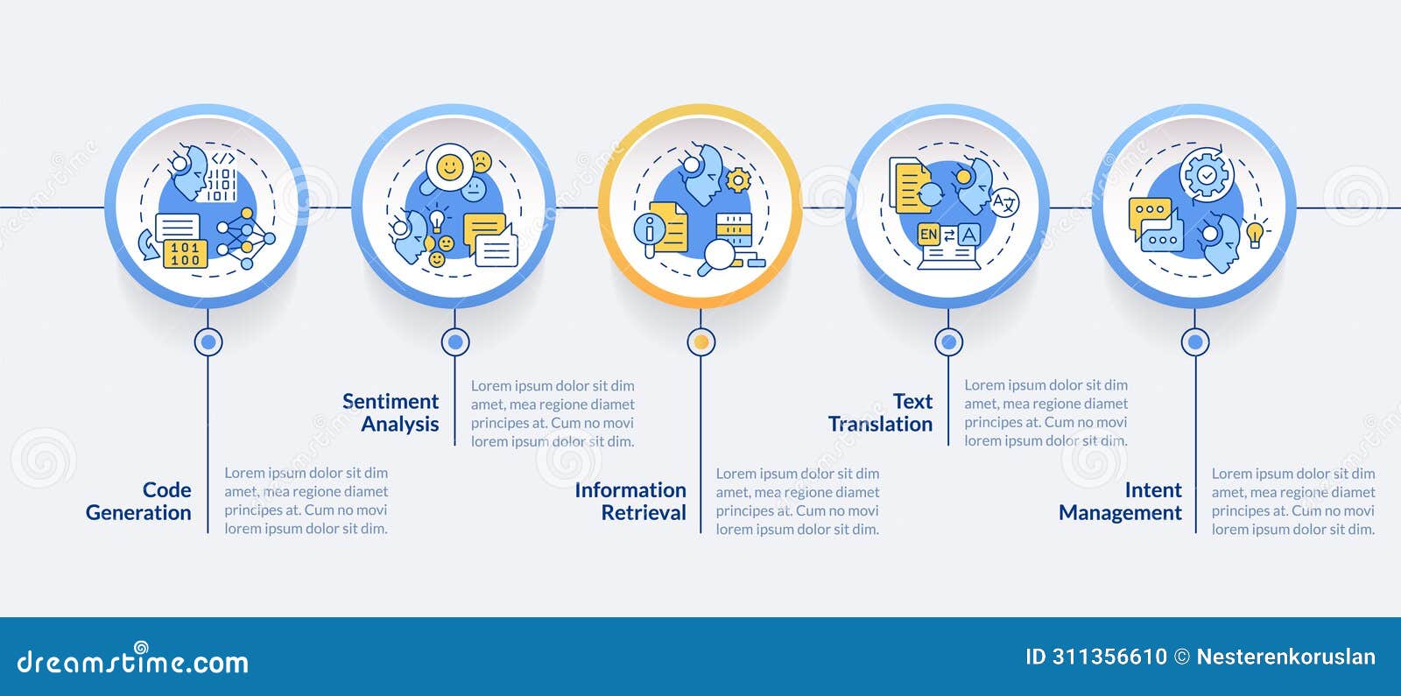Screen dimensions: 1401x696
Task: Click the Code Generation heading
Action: point(138,501)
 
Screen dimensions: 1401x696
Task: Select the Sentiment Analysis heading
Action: point(391,412)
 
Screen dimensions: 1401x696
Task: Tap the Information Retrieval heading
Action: point(630,501)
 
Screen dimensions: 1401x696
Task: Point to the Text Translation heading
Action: point(881,412)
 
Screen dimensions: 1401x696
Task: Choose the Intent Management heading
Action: point(1120,501)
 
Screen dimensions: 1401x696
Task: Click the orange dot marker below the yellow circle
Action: point(701,342)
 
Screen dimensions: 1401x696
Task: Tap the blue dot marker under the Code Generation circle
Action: point(208,342)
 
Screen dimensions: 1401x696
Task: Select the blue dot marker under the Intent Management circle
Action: point(1195,342)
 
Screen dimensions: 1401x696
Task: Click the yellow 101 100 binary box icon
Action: point(185,254)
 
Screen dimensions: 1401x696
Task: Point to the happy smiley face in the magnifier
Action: point(450,167)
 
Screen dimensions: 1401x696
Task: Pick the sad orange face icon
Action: point(482,162)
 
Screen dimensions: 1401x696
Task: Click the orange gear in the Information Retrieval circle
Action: point(739,180)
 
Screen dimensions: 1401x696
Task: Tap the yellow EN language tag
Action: point(929,235)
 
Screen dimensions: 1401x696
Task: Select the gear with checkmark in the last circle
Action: point(1207,174)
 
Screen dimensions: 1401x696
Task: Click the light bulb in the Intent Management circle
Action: point(1256,233)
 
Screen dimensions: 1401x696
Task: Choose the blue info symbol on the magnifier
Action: point(649,229)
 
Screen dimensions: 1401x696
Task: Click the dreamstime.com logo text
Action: point(132,660)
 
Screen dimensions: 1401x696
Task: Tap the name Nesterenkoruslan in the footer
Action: point(1286,657)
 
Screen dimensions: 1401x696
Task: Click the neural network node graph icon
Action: point(246,239)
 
